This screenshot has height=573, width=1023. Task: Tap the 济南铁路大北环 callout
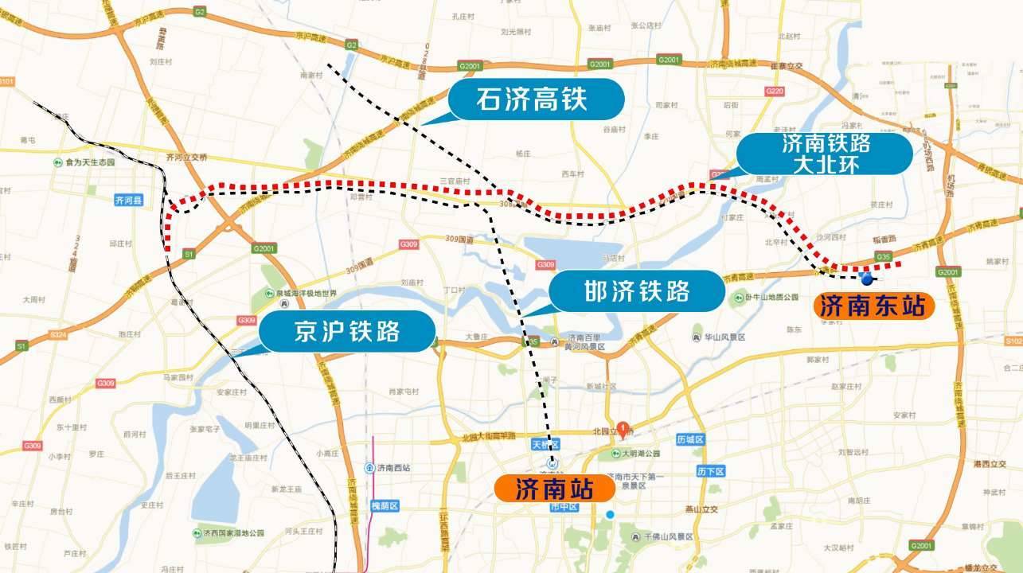click(825, 154)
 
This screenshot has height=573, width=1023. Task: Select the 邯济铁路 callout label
click(637, 291)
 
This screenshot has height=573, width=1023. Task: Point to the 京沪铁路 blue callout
click(347, 332)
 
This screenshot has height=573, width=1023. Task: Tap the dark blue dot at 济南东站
click(867, 279)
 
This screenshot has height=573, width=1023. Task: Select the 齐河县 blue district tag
click(127, 201)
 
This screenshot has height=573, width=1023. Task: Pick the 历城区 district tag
click(691, 439)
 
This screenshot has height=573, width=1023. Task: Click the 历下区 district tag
click(708, 471)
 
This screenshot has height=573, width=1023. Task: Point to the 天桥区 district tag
click(546, 445)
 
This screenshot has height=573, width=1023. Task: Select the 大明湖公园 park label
click(641, 454)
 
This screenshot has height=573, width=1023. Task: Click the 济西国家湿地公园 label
click(232, 532)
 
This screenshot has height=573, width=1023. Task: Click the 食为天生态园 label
click(90, 162)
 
